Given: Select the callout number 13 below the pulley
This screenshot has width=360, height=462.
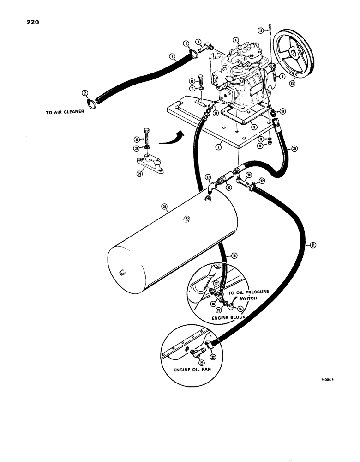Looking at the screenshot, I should tap(292, 84).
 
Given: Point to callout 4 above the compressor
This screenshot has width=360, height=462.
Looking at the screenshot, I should tap(236, 40).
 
